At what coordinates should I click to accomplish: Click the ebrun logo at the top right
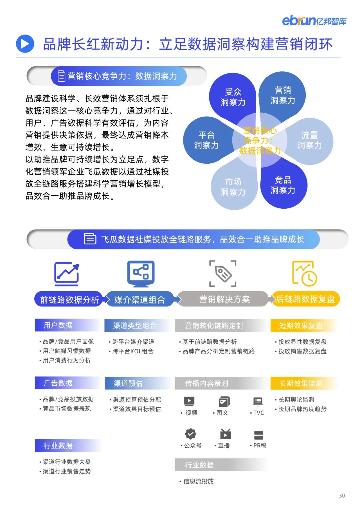[314, 21]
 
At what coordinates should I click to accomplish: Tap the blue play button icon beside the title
[25, 44]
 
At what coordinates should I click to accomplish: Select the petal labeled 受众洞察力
[233, 97]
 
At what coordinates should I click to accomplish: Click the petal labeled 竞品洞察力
[283, 185]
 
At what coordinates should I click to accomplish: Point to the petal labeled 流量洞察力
[310, 140]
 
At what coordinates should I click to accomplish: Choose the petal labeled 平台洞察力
[206, 140]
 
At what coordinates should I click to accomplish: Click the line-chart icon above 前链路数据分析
[67, 274]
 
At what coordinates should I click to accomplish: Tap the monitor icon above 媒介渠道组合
[141, 274]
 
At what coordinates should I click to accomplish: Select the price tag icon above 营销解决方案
[223, 274]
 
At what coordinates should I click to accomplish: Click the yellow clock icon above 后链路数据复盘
[304, 274]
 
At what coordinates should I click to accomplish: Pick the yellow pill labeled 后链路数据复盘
[305, 299]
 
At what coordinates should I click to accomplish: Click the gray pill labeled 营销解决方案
[224, 299]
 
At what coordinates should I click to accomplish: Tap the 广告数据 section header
[58, 383]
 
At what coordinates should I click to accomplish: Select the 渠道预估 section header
[128, 383]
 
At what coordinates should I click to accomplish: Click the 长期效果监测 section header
[301, 383]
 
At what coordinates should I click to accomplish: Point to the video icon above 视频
[189, 401]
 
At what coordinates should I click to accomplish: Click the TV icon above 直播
[225, 434]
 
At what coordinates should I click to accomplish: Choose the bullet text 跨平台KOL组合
[133, 351]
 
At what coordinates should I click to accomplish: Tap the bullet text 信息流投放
[198, 481]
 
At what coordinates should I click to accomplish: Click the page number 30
[342, 496]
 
